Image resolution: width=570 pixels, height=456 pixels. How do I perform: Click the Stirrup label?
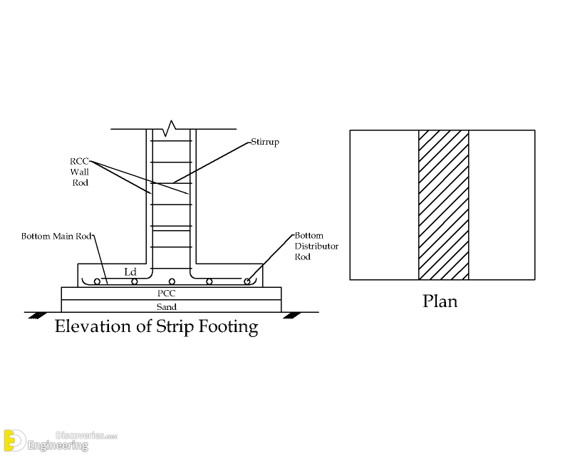click(x=264, y=142)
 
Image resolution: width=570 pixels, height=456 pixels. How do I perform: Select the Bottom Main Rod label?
click(x=58, y=236)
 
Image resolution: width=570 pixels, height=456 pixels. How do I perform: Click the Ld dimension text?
click(x=130, y=271)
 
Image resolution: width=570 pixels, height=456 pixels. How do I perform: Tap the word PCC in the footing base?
click(x=171, y=293)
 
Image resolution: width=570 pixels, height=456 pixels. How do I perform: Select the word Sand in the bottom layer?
click(x=171, y=306)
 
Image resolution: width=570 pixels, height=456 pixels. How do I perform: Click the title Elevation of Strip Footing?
click(x=156, y=327)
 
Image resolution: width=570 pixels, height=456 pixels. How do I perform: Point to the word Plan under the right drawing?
click(x=440, y=301)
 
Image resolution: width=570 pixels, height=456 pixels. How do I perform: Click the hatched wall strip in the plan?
click(x=443, y=204)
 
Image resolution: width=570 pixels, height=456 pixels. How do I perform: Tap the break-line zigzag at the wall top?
click(x=170, y=129)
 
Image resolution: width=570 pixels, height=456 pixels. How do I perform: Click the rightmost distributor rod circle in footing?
click(x=247, y=281)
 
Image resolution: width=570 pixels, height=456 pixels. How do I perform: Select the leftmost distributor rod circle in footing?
click(x=96, y=281)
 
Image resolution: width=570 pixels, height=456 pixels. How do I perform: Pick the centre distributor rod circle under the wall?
click(x=172, y=281)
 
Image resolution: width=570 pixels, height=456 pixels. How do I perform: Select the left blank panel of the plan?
click(x=383, y=204)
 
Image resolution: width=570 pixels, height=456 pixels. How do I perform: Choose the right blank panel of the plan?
click(x=502, y=204)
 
